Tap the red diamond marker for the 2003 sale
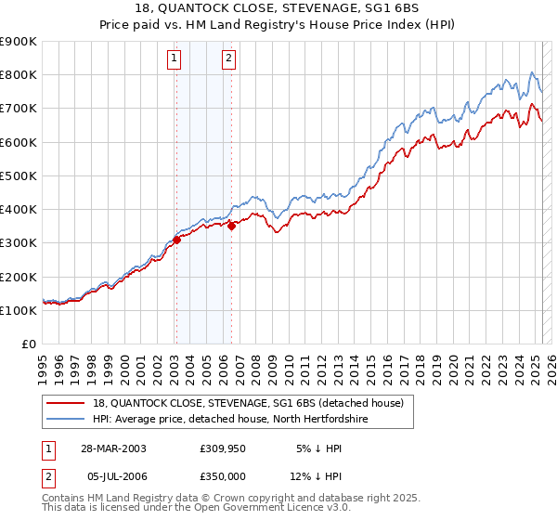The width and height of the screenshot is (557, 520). click(x=176, y=240)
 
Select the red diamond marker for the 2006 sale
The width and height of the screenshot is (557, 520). click(x=231, y=226)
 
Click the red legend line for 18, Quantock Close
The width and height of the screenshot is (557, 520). click(x=67, y=403)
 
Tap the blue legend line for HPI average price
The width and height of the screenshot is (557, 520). click(x=67, y=419)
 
